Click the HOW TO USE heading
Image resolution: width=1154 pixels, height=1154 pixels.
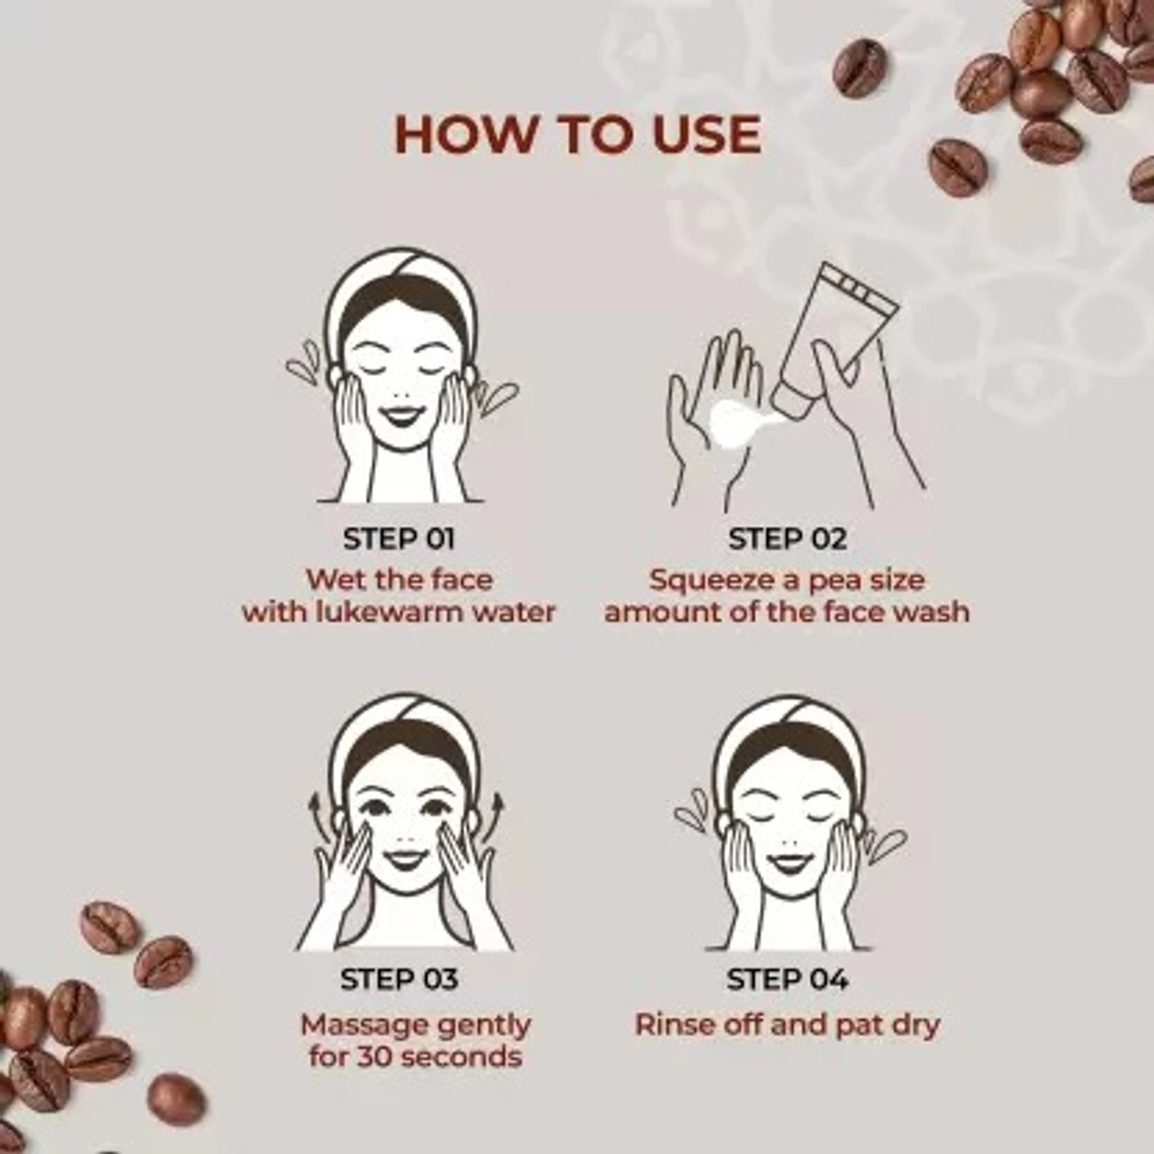coord(578,135)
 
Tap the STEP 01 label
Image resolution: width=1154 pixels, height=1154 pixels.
coord(399,539)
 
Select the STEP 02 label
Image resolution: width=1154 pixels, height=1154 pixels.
coord(788,539)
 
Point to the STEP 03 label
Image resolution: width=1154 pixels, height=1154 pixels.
coord(399,979)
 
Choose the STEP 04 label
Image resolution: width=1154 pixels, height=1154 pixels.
coord(788,979)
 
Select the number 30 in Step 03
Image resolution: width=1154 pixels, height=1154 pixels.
coord(375,1056)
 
